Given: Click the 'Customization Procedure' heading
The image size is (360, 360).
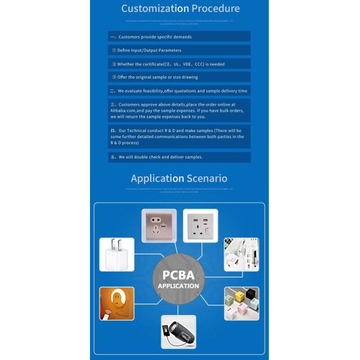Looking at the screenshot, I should click(180, 8).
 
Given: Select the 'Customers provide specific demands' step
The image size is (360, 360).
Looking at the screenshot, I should click(179, 37).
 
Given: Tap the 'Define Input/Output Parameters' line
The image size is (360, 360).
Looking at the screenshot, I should click(179, 50).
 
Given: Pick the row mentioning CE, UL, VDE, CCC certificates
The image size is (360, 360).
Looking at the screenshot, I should click(179, 64).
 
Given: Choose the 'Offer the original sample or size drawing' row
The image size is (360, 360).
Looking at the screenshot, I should click(179, 77).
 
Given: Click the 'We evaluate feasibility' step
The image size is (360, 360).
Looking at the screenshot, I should click(179, 91).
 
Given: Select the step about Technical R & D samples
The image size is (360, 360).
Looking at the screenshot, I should click(179, 136).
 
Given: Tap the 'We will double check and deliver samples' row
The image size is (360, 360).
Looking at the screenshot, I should click(179, 157).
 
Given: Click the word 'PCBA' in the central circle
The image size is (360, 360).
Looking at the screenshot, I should click(178, 275).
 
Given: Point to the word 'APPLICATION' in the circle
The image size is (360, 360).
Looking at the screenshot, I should click(178, 287).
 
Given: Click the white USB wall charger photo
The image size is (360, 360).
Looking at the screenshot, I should click(116, 255).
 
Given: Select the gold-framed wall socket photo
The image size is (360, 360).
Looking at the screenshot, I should click(158, 226).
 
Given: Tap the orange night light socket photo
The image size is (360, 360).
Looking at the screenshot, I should click(116, 304).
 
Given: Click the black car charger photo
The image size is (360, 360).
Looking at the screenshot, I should click(178, 332).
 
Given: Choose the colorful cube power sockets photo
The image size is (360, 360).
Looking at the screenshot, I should click(241, 304).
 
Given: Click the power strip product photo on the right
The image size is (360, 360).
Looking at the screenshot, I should click(241, 255).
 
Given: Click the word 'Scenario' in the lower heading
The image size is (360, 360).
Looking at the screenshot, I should click(206, 178).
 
